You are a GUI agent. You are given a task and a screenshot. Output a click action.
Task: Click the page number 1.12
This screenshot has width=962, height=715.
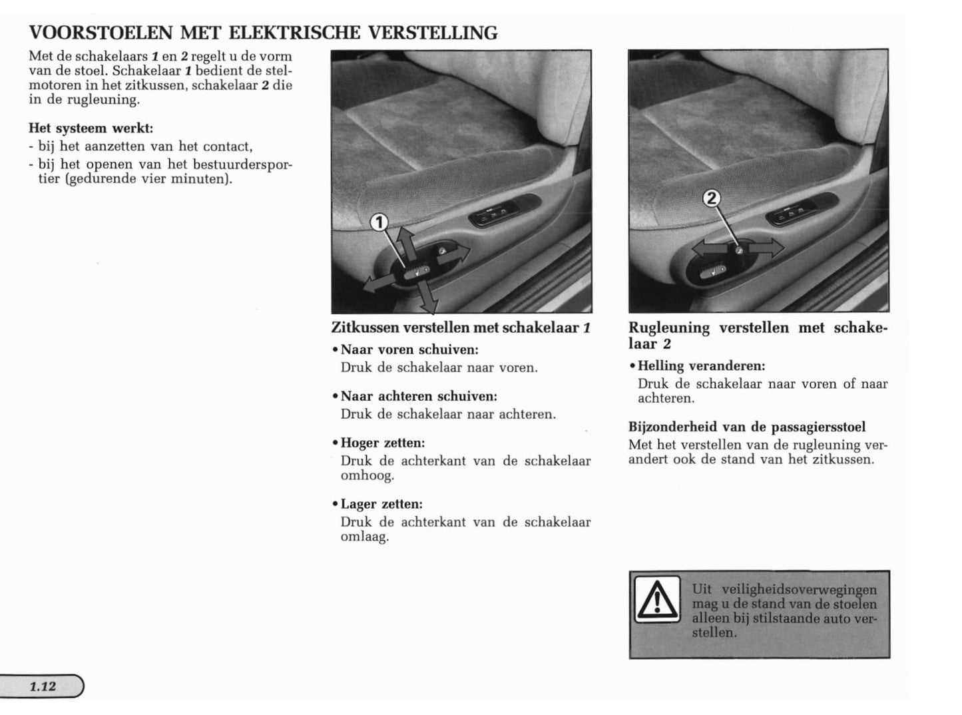(x=43, y=686)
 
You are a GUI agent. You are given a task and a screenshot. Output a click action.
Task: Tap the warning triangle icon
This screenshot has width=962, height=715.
(x=657, y=599)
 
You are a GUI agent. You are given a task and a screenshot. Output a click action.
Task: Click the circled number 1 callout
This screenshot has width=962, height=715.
(x=379, y=222)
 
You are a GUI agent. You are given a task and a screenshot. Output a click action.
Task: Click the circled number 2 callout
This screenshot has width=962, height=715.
(x=712, y=198)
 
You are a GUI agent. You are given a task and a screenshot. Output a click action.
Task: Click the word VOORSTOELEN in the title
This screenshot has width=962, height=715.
(x=101, y=33)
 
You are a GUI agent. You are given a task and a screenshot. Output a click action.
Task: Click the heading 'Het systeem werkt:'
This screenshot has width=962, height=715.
(x=91, y=128)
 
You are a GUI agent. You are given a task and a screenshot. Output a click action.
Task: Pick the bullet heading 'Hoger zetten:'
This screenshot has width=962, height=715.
(x=383, y=443)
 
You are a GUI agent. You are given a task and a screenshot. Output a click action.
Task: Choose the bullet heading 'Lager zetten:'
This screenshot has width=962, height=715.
(x=381, y=504)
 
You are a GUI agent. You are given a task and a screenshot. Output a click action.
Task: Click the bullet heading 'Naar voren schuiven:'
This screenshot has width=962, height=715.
(x=409, y=350)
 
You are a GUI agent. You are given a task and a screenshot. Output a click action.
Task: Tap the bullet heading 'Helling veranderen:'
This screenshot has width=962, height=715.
(x=701, y=365)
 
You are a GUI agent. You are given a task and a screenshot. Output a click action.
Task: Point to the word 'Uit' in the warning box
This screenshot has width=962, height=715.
(x=702, y=589)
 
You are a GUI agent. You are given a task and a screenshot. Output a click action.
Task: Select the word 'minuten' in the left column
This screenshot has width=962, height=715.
(x=204, y=178)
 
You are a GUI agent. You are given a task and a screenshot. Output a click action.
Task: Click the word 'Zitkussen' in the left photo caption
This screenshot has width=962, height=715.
(x=365, y=328)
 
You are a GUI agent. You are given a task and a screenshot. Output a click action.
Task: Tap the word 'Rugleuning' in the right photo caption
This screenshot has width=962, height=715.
(x=668, y=328)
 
